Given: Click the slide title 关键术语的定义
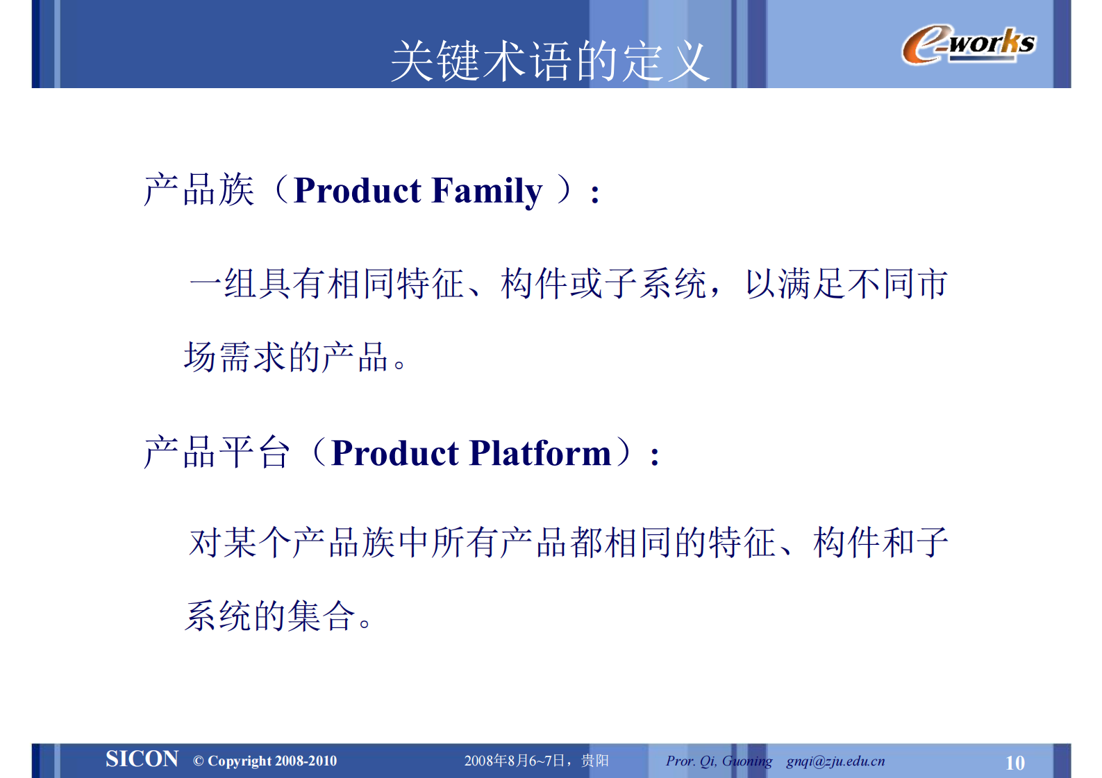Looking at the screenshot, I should point(549,61).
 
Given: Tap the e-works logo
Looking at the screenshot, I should point(968,44).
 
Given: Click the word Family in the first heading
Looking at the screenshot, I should point(486,191).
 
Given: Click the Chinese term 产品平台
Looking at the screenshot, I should point(217,453).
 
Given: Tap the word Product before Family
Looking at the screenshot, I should point(357,191).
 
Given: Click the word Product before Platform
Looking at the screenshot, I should point(394,453).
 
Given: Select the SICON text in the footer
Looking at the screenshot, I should point(142,759).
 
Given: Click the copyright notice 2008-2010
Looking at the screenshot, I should point(265,761).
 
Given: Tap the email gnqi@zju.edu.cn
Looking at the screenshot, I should point(835,761).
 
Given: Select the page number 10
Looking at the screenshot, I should point(1015,763).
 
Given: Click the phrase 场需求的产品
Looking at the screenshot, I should point(286,357).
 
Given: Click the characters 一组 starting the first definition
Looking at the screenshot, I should point(222,284).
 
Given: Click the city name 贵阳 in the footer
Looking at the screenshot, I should point(595,761).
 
